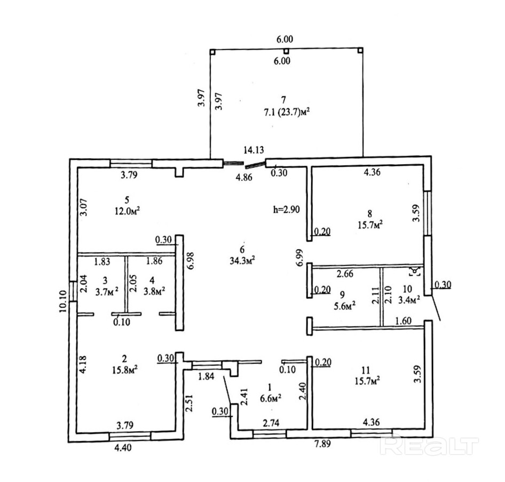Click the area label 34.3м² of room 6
(242, 260)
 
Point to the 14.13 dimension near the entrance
(254, 150)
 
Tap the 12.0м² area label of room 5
(128, 210)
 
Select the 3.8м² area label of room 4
(154, 291)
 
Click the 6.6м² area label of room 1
(271, 398)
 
